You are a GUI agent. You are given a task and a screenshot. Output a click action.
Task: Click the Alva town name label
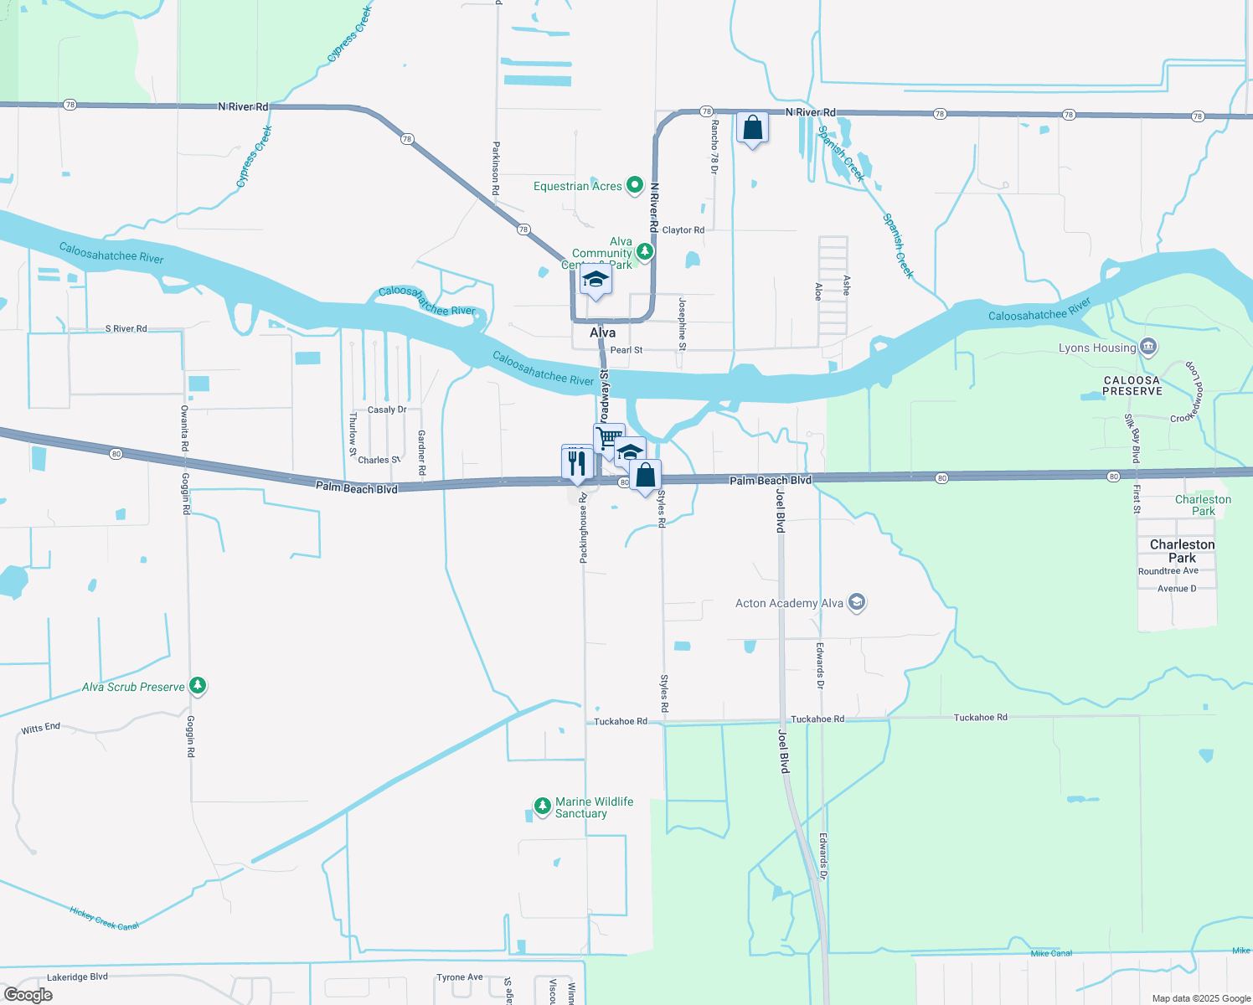(602, 332)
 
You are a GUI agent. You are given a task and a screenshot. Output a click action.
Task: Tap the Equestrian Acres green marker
(635, 185)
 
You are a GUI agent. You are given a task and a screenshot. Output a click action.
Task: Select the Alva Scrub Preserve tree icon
(198, 686)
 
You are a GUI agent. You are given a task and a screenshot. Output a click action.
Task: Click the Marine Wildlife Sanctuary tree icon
(543, 807)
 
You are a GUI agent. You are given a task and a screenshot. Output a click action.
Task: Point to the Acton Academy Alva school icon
(856, 602)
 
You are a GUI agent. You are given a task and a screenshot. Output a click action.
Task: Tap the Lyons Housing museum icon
(1148, 346)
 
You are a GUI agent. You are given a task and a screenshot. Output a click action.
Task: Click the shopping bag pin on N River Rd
(752, 128)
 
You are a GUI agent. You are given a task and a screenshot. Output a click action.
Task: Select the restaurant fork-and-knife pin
(577, 462)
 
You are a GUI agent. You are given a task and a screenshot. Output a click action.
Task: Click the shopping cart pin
(609, 438)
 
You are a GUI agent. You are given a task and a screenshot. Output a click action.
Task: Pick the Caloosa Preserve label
(1132, 385)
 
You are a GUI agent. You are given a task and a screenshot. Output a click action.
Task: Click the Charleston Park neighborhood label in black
(1182, 550)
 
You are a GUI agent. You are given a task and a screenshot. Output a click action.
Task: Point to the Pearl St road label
(626, 350)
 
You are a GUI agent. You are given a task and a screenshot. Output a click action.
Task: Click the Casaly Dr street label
(387, 410)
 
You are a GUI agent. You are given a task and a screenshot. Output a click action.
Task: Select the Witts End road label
(40, 729)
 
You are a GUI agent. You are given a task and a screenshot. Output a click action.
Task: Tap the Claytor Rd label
(683, 229)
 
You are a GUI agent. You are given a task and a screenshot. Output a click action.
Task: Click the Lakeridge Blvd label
(77, 977)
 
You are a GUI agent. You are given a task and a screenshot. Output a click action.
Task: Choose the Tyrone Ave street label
(459, 977)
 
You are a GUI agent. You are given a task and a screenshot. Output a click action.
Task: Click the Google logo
(28, 995)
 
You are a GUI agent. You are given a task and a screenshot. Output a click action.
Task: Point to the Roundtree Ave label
(1168, 571)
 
